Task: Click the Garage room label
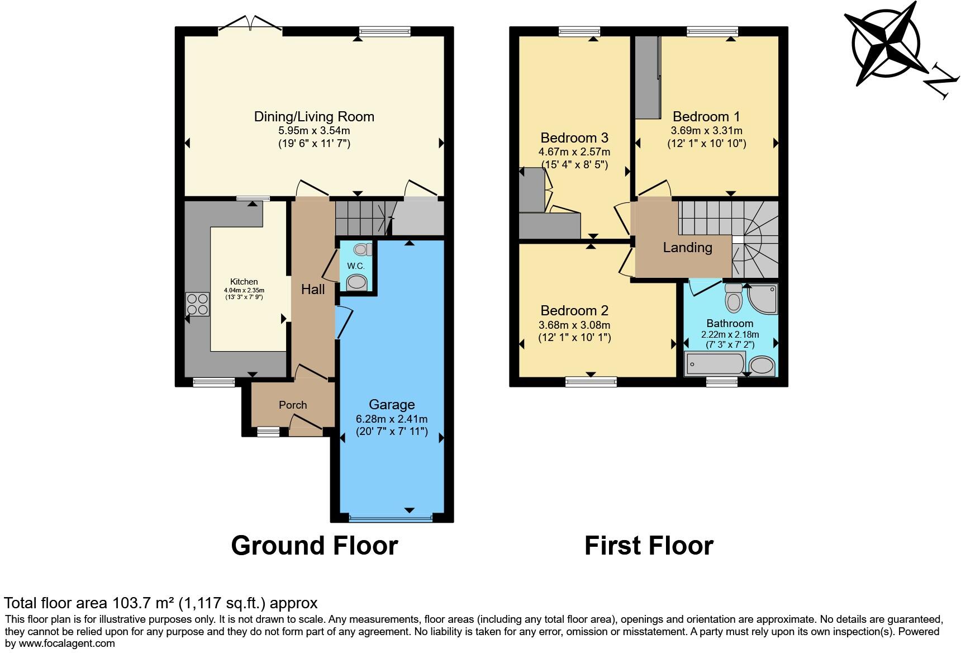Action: click(392, 404)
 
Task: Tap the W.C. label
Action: click(356, 266)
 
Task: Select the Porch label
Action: click(293, 405)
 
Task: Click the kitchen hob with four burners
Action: click(197, 304)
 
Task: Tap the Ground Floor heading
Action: click(314, 546)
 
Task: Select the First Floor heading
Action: click(649, 546)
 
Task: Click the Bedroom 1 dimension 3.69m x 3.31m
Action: click(706, 130)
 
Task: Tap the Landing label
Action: click(687, 248)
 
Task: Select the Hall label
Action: click(313, 290)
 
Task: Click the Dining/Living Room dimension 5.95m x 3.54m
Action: click(314, 131)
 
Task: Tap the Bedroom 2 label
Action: click(574, 311)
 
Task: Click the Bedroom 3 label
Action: click(574, 138)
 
